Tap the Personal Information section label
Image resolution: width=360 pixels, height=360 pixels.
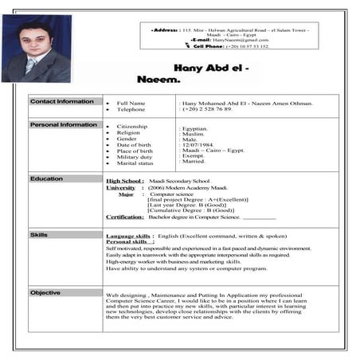[x=64, y=125]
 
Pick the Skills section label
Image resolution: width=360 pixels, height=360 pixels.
[x=39, y=235]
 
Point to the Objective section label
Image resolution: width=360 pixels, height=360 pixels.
[x=45, y=292]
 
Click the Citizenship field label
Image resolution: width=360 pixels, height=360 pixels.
[x=132, y=127]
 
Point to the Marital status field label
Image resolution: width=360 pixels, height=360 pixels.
[x=135, y=162]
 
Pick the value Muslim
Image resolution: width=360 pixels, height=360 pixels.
[x=194, y=133]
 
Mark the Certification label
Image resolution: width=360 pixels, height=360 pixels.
[x=125, y=217]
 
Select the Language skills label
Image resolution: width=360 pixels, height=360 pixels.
[x=130, y=236]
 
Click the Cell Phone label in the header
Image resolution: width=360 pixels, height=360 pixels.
[x=209, y=46]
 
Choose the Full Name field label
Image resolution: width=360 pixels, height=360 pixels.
[x=131, y=104]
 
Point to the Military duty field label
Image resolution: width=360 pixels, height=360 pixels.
[x=135, y=156]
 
